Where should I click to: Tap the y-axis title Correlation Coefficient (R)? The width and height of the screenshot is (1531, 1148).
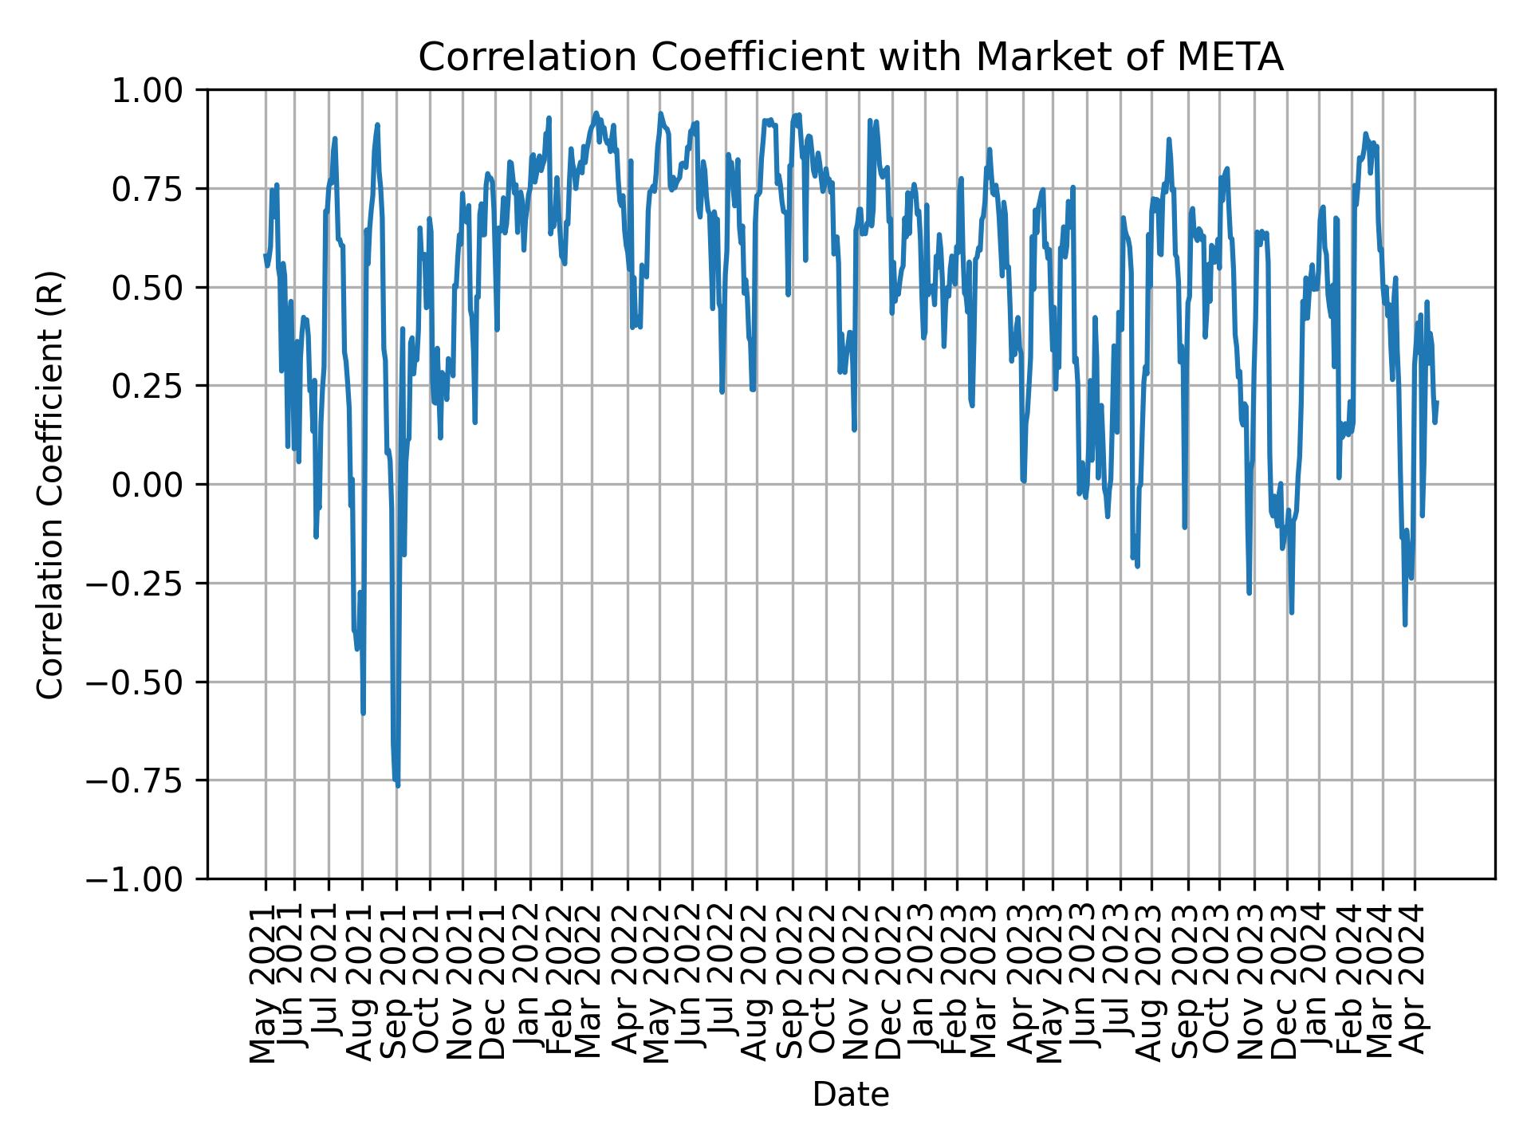pos(50,484)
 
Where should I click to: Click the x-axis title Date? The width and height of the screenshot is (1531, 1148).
pos(851,1095)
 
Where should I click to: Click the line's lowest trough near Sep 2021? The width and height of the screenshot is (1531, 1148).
pos(397,786)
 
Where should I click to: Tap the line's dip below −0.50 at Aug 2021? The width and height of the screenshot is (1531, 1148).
pos(364,712)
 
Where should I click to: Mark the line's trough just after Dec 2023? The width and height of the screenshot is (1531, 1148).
pos(1291,611)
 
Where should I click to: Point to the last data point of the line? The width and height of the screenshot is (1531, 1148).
pos(1436,402)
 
